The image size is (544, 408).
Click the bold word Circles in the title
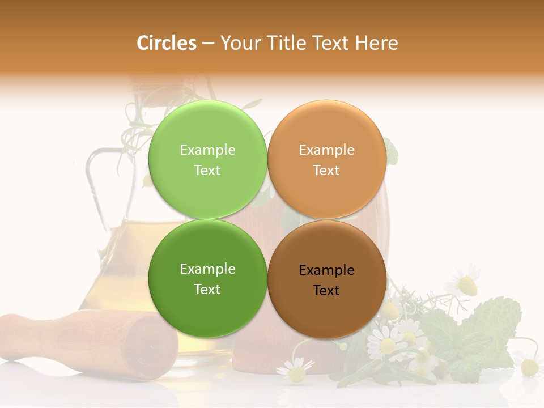click(x=166, y=43)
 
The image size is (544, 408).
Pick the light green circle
click(x=207, y=130)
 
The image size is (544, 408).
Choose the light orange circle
click(x=326, y=130)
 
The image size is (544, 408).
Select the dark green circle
click(x=207, y=306)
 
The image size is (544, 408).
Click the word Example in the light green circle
click(x=207, y=150)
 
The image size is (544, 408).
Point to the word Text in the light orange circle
click(x=326, y=171)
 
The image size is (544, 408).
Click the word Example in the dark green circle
click(x=207, y=269)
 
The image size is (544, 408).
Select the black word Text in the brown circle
click(x=326, y=291)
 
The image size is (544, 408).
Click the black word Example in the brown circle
click(x=326, y=270)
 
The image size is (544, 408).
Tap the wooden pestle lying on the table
click(x=85, y=340)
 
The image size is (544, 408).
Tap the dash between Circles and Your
click(x=208, y=43)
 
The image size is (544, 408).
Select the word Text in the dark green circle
click(x=207, y=290)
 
